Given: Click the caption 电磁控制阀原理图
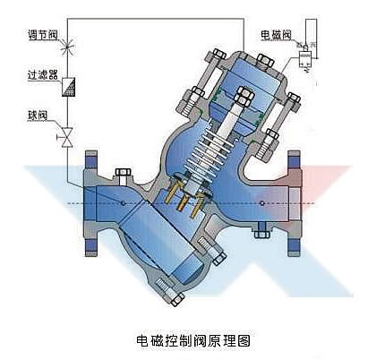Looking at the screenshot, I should [x=192, y=341].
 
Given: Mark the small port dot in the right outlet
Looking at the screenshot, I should [x=261, y=203].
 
